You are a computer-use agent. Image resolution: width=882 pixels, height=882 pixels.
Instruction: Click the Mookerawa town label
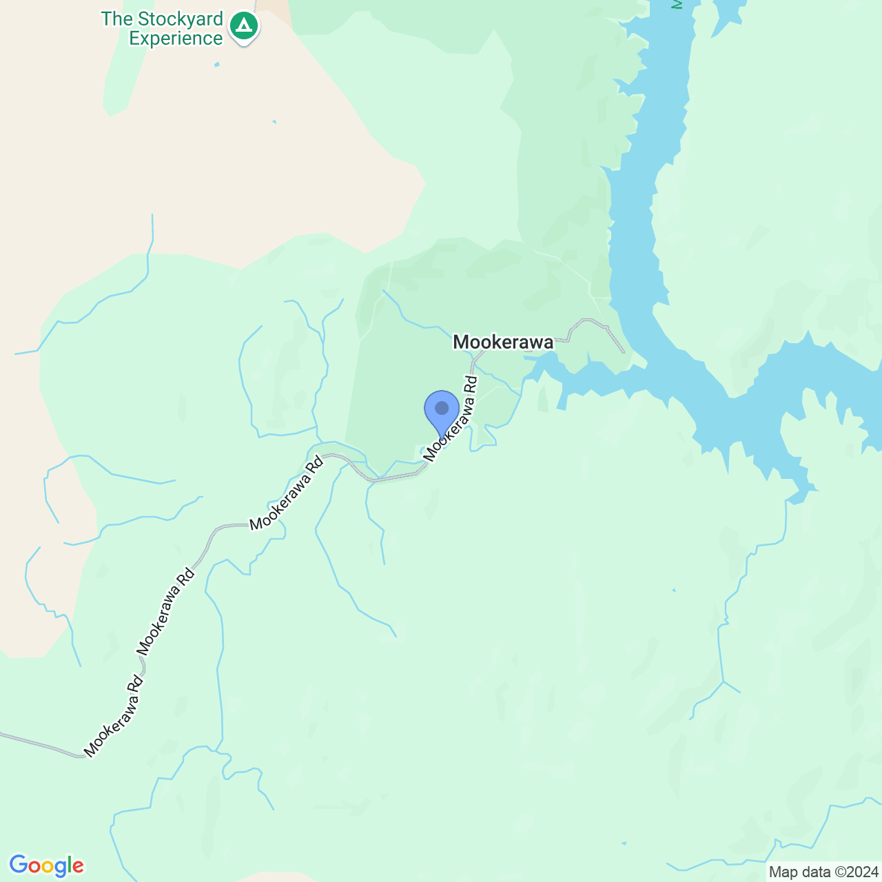pos(503,342)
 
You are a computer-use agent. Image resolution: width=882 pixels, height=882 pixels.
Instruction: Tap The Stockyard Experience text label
pos(163,28)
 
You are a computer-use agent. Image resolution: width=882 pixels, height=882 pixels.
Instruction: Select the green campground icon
pos(243,26)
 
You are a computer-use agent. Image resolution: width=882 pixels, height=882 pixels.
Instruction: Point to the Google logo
pos(46,865)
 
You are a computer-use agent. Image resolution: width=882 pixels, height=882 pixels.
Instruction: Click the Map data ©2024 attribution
pos(823,872)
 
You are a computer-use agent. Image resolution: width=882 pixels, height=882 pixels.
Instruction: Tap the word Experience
pos(176,39)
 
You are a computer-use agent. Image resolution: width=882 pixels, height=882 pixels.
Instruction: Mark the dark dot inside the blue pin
pos(442,408)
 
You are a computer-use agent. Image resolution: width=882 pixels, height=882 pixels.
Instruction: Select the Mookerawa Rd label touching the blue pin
pos(451,418)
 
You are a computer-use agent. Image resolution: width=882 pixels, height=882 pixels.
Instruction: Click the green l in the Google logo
pos(70,865)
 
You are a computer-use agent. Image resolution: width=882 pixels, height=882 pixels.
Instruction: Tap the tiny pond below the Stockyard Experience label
pos(217,65)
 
